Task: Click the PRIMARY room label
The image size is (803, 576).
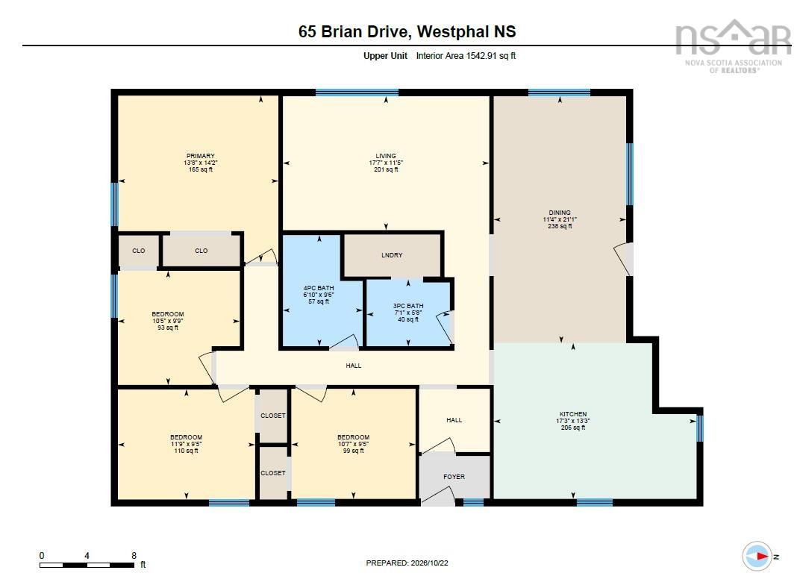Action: pos(200,156)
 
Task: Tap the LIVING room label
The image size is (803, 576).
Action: pos(386,156)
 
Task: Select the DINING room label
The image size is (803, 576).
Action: pos(559,213)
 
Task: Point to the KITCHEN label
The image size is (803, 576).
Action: pos(573,414)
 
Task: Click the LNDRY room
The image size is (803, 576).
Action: pos(392,255)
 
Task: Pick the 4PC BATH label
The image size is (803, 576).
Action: pos(319,288)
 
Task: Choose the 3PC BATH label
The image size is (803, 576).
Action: pos(408,306)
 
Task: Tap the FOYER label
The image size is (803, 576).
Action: pos(454,477)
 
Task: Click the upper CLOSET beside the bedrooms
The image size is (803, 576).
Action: pos(273,416)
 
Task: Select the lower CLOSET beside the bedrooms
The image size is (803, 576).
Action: pos(273,473)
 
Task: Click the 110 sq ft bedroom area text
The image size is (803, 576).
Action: pos(186,451)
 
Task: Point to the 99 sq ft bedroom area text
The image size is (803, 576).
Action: pos(353,451)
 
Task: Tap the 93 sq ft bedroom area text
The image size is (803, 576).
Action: pos(168,328)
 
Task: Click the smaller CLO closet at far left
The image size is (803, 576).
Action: pos(138,251)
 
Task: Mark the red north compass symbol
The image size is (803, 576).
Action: pos(758,556)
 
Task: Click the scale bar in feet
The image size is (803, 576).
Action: pos(87,566)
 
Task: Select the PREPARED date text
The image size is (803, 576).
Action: pos(407,563)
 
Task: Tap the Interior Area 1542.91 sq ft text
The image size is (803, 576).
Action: pos(466,56)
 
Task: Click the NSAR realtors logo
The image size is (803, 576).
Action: pos(734,46)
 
